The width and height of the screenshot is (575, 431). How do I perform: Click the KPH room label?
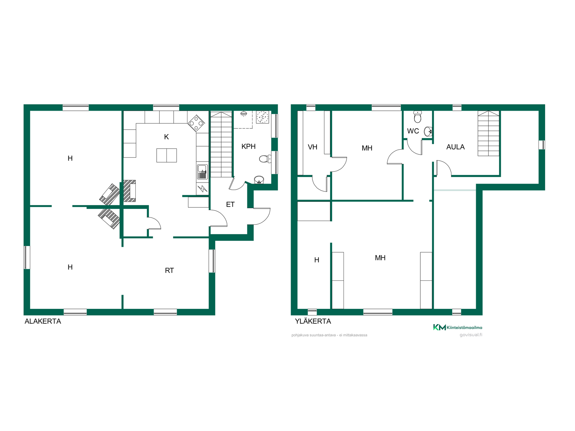click(x=249, y=146)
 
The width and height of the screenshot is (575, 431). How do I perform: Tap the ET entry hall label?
click(x=230, y=204)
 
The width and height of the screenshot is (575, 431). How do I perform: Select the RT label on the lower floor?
click(x=170, y=271)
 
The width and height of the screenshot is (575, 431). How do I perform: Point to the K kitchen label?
click(x=167, y=137)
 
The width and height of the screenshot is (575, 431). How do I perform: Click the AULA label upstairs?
click(x=456, y=147)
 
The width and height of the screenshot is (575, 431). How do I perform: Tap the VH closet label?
click(x=313, y=147)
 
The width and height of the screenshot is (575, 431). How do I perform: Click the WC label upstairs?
click(x=413, y=131)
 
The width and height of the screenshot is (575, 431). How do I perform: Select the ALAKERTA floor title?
click(x=43, y=321)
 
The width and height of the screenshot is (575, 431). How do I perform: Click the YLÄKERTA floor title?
click(x=313, y=321)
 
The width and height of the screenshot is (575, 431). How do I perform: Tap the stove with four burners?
click(x=196, y=123)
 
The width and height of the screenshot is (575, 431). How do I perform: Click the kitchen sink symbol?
click(x=202, y=172)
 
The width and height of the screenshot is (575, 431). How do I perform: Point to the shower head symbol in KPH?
click(x=244, y=114)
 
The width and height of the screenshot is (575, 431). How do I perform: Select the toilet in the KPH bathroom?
click(x=265, y=159)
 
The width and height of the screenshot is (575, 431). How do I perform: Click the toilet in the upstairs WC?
click(x=417, y=117)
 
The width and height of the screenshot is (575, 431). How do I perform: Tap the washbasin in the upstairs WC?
click(x=428, y=131)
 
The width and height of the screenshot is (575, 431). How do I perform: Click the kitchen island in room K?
click(x=167, y=155)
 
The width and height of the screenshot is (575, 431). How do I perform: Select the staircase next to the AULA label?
click(x=488, y=133)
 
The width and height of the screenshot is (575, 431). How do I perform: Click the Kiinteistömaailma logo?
click(x=458, y=327)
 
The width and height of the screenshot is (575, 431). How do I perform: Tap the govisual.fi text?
click(x=471, y=335)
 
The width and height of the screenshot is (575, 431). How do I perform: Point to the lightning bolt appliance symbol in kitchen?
click(x=202, y=189)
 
